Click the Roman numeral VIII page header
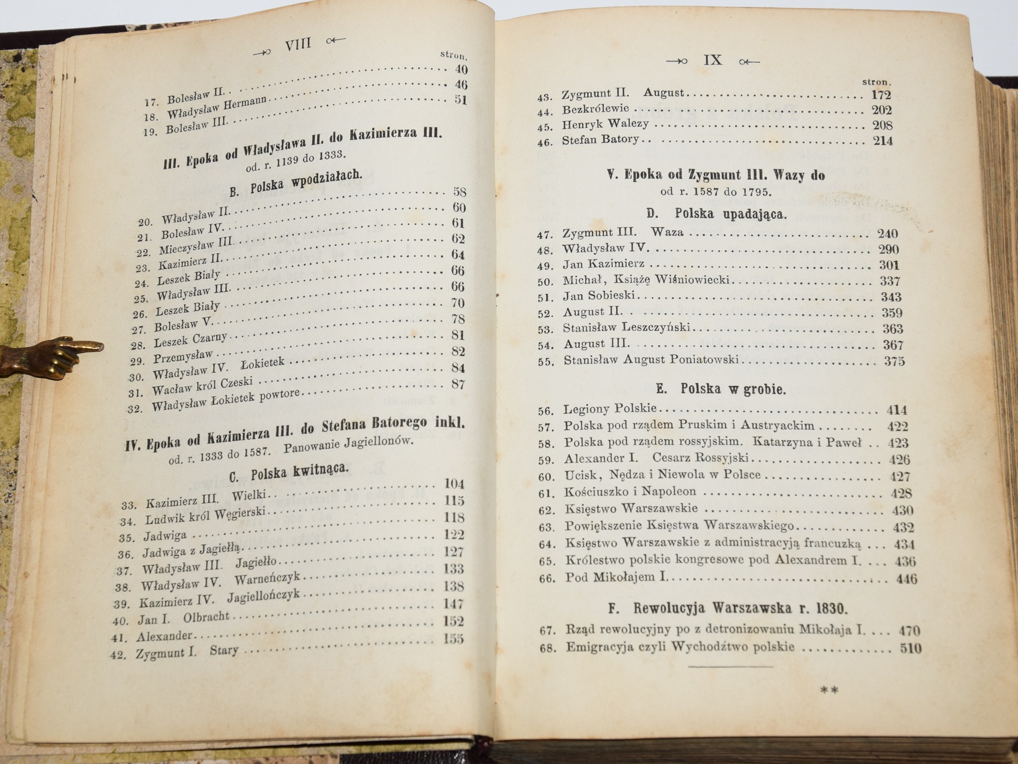coord(297,44)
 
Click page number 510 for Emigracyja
coord(910,649)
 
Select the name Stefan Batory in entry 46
coord(600,140)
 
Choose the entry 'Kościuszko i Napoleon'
coord(630,492)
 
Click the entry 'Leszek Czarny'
coord(190,341)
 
